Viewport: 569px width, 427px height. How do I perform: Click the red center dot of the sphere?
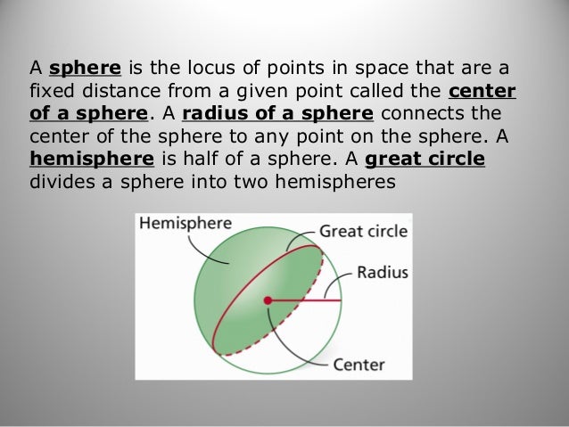(x=267, y=302)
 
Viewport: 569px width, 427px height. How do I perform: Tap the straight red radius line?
(x=299, y=301)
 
